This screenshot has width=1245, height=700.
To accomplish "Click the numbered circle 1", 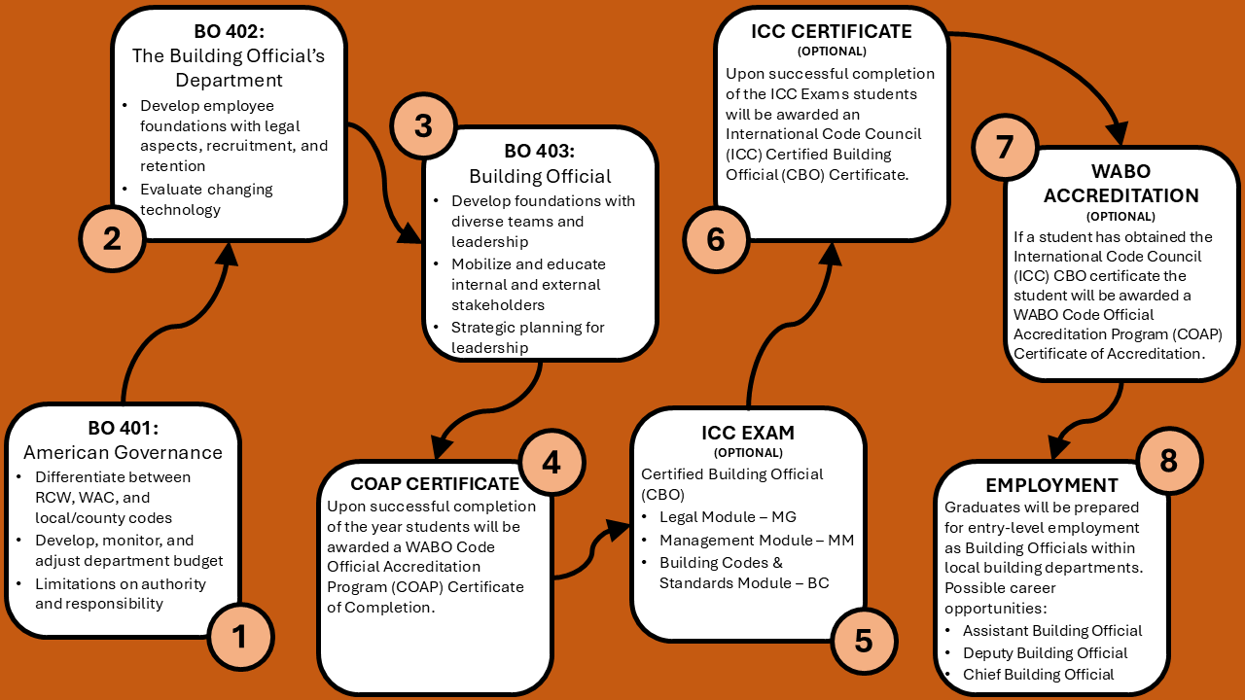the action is (x=240, y=637).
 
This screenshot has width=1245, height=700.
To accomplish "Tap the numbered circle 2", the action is (x=112, y=238).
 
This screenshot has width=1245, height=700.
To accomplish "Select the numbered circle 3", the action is (x=423, y=125).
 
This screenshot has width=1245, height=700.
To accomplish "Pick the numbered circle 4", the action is (x=551, y=462).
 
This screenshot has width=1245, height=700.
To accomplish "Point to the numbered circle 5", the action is (x=864, y=641).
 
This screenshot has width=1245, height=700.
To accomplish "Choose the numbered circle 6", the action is (x=716, y=239).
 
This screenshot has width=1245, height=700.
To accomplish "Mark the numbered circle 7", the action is (x=1005, y=147).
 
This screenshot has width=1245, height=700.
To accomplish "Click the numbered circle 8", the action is (x=1169, y=461).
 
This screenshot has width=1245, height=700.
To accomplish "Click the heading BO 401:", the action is (x=123, y=428).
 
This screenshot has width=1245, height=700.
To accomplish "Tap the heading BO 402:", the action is (x=229, y=31).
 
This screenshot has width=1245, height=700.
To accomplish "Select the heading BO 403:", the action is (x=539, y=151).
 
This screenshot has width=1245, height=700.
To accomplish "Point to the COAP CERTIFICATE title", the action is (x=435, y=484).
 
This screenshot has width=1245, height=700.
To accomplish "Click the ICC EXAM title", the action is (x=748, y=433).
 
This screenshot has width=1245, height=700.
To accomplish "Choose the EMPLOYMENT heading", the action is (x=1051, y=485).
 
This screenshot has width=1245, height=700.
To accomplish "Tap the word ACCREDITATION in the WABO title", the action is (x=1121, y=195).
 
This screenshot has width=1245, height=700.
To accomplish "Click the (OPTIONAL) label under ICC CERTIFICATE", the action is (x=832, y=52).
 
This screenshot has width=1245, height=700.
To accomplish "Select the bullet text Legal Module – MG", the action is (x=728, y=516).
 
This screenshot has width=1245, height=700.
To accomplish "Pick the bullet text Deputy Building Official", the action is (x=1045, y=652).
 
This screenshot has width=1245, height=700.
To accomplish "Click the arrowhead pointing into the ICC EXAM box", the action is (x=618, y=530).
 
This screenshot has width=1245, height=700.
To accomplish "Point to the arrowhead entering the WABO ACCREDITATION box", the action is (x=1118, y=134).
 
